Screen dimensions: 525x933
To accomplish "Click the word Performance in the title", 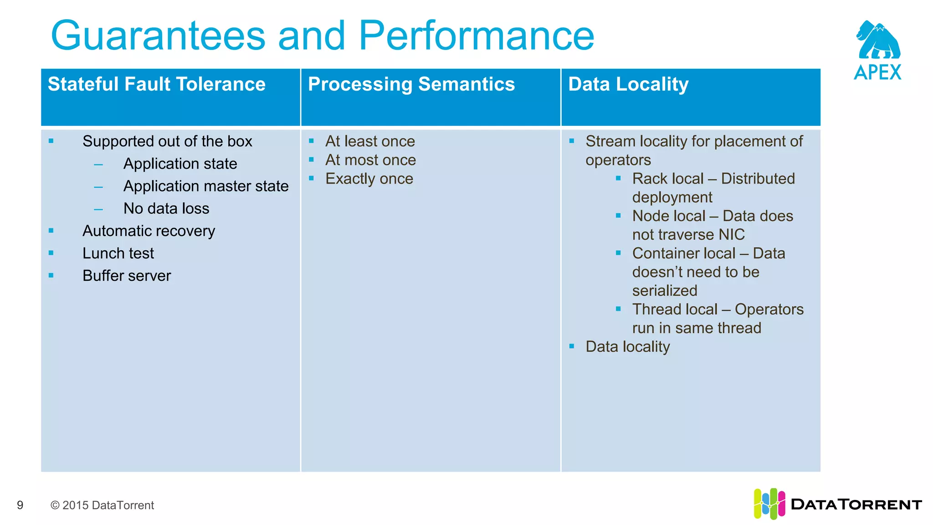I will (476, 36).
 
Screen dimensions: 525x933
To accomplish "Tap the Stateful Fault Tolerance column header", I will (156, 84).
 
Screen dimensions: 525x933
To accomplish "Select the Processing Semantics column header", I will (411, 84).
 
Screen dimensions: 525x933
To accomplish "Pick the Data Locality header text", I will (628, 84).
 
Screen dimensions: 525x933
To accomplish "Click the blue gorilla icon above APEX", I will (877, 40).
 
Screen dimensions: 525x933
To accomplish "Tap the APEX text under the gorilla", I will (877, 72).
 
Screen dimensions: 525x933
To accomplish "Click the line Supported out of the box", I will (167, 141).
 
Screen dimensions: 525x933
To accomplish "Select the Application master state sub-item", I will (206, 186).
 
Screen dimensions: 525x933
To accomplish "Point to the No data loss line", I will (166, 208).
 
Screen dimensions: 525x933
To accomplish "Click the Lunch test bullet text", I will (118, 253).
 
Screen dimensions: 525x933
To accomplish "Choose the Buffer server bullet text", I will (127, 276).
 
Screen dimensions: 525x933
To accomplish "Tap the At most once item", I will (370, 160).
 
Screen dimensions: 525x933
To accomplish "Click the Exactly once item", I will (369, 179).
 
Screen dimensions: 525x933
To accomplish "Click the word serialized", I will (665, 291).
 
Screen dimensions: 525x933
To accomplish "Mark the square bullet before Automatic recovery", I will (51, 231).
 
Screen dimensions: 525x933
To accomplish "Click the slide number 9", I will (20, 505).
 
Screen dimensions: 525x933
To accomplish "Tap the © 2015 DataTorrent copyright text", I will (102, 505).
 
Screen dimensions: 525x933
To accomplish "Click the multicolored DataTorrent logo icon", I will (769, 504).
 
